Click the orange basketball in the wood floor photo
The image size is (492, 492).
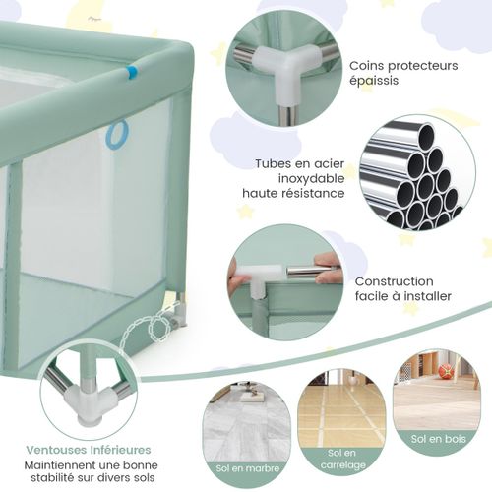point(446,371)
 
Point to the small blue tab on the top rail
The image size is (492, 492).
point(131,73)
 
